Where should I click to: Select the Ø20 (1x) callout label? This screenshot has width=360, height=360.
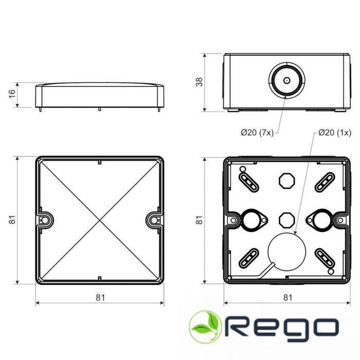coord(335,133)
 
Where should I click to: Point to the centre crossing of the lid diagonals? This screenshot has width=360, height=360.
coord(99,220)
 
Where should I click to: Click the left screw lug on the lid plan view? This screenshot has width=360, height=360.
coord(45,219)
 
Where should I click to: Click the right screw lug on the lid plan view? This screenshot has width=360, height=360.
coord(154,219)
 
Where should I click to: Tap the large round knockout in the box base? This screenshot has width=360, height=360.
coord(286,250)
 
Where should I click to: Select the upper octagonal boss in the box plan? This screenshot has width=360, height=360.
coord(286,181)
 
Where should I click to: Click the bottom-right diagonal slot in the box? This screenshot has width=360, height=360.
coord(325,257)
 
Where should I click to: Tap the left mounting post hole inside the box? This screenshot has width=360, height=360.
coord(251,219)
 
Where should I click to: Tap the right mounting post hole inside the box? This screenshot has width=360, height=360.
coord(321,219)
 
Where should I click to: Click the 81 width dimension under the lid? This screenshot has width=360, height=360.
coord(100,297)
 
